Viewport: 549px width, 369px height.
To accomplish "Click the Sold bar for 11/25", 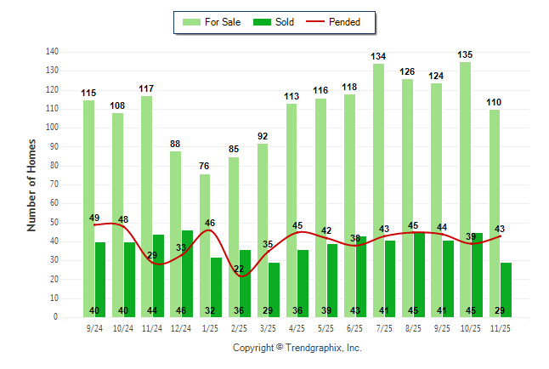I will pos(507,290).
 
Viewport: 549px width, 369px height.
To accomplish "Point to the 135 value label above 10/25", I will pos(466,54).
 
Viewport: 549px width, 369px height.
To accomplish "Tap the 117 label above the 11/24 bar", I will pos(147,88).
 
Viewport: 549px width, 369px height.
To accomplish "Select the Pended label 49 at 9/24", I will pos(94,218).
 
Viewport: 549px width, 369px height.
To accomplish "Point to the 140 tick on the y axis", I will pos(52,52).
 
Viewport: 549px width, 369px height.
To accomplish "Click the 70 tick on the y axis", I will pos(54,184).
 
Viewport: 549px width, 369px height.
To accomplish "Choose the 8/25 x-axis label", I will pos(414,326).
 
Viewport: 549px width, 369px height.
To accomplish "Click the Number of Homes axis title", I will pos(32,184).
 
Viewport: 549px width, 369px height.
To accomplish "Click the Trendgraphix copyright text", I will pos(297,348).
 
